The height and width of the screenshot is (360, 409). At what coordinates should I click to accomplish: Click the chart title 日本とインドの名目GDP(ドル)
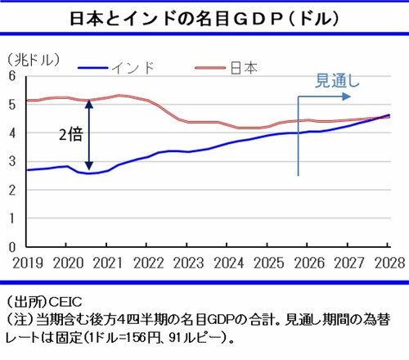[x=204, y=16]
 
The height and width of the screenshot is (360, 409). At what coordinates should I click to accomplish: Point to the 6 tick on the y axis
[x=12, y=76]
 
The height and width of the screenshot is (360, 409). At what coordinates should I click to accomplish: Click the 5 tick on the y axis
[x=12, y=105]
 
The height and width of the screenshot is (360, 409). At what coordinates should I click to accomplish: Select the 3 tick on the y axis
[x=12, y=161]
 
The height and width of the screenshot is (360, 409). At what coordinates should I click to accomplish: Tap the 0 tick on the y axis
[x=12, y=246]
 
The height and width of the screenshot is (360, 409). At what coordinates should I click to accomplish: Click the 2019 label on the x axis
[x=28, y=261]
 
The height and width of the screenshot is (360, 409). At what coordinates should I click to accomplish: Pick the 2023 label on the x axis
[x=188, y=261]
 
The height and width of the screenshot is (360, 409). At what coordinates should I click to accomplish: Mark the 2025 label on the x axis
[x=268, y=261]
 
